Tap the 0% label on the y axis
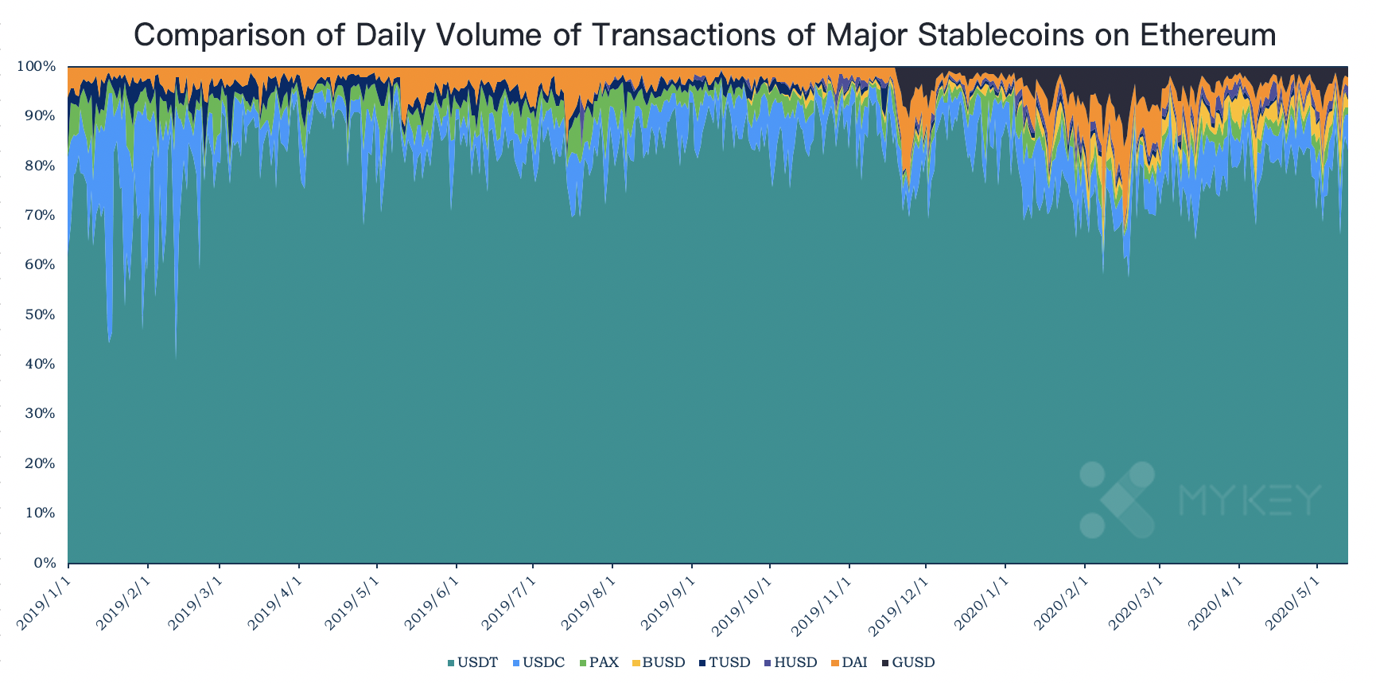point(44,564)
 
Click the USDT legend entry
point(473,662)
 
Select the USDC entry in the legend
point(539,662)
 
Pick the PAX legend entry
point(600,662)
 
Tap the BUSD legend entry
point(659,662)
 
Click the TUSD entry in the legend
point(725,662)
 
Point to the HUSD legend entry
point(791,662)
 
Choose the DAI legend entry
point(849,662)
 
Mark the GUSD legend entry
point(908,662)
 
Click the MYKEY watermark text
point(1250,500)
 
